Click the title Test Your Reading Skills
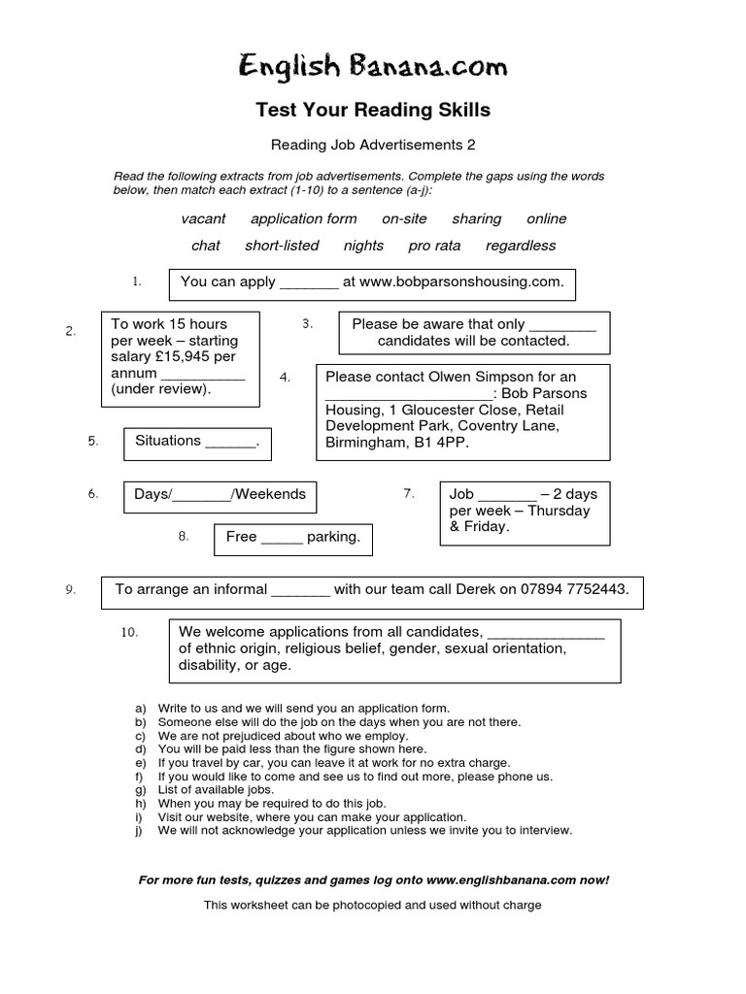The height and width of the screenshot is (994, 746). (373, 111)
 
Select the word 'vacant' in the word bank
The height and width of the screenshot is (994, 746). (203, 219)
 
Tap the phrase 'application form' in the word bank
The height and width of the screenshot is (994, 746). (303, 219)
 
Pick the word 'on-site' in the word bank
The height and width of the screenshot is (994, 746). (404, 219)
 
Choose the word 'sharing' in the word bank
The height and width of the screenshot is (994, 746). (476, 219)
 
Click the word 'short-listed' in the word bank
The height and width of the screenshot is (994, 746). (282, 246)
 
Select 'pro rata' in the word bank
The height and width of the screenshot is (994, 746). (434, 246)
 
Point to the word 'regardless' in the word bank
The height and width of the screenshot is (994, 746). (521, 246)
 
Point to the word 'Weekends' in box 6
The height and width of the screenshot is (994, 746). (270, 494)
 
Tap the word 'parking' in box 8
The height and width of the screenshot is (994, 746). (333, 537)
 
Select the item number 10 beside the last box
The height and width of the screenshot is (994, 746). (130, 633)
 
